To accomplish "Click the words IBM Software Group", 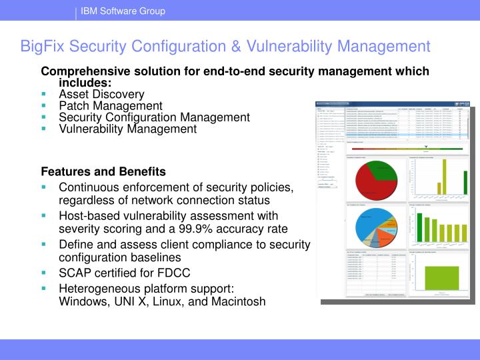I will [x=123, y=11].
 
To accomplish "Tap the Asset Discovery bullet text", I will [x=101, y=94].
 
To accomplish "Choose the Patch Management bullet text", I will [x=111, y=105].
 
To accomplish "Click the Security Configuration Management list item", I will [x=154, y=117].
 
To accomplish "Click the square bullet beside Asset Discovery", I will [x=44, y=95].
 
